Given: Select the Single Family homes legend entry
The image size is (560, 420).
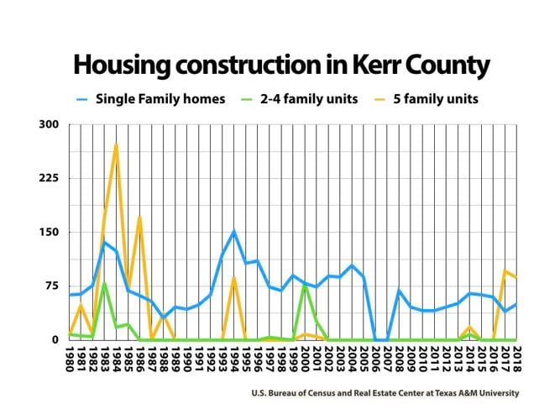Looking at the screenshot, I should tap(160, 99).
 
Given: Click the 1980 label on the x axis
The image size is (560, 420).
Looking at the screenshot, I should tap(70, 356).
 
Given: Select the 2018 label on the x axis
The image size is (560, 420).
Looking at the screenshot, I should tap(517, 356).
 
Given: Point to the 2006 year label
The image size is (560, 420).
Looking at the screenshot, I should tap(376, 356).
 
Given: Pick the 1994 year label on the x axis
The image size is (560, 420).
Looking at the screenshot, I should tap(234, 356).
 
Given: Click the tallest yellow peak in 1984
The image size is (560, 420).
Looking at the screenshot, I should tap(116, 144).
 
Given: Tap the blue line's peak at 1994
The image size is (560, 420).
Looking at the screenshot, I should tap(234, 232).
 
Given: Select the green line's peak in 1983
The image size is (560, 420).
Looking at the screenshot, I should tap(104, 284).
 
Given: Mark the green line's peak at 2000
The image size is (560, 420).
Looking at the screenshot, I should tap(305, 286).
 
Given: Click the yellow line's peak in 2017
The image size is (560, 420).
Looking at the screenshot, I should tap(505, 270).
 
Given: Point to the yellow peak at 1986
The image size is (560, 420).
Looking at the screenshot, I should tap(139, 217).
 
